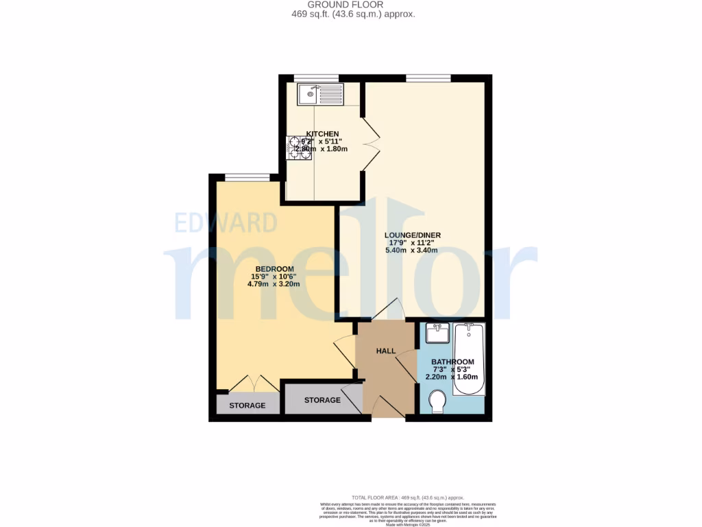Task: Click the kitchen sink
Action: click(319, 94)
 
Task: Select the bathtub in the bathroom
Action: click(469, 360)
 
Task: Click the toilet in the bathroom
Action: click(436, 401)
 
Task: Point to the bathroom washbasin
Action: click(437, 334)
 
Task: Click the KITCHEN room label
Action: click(322, 134)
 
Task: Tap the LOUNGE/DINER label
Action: click(412, 235)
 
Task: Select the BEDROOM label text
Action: click(274, 268)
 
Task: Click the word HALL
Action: click(386, 351)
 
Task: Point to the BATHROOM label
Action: click(452, 362)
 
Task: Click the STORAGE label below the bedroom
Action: click(247, 406)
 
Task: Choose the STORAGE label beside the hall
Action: click(322, 400)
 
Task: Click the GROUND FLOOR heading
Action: click(350, 5)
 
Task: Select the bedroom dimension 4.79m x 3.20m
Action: click(274, 283)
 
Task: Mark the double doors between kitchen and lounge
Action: click(370, 145)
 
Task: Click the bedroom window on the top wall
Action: click(247, 177)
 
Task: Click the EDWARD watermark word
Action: click(226, 223)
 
